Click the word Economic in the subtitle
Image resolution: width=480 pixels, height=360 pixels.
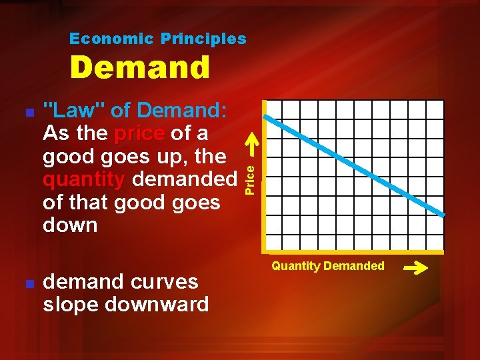tap(111, 39)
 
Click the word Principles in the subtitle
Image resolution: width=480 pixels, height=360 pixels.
tap(203, 39)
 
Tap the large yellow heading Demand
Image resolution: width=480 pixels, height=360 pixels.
tap(140, 67)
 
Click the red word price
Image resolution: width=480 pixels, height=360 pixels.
tap(139, 133)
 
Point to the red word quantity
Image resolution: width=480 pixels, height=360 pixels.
tap(84, 179)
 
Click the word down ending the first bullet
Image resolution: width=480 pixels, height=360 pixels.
tap(70, 225)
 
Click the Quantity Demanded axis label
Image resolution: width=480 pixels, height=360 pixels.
tap(327, 266)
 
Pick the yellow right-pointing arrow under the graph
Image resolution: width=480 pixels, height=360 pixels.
tap(416, 269)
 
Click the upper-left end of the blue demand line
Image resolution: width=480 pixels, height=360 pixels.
tap(267, 117)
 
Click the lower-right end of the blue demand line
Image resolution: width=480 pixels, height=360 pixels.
tap(441, 213)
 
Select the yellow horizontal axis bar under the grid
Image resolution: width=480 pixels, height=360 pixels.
tap(354, 252)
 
